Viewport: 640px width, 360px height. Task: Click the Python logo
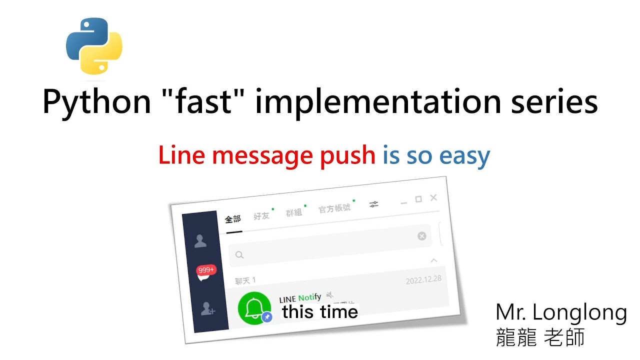(x=94, y=46)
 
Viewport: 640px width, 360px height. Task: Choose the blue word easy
(x=463, y=157)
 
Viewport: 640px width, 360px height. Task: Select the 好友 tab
(x=261, y=215)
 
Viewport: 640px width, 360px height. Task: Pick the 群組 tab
(x=294, y=212)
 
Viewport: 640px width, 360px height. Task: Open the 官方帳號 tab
(x=334, y=208)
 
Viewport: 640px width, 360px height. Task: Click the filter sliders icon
(x=374, y=204)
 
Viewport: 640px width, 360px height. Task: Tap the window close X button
(x=433, y=197)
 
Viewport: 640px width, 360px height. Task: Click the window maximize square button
(x=418, y=199)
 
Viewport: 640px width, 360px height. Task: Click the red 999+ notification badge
(x=206, y=270)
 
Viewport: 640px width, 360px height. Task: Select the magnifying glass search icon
(x=239, y=255)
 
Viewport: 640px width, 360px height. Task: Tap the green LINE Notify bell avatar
(x=254, y=306)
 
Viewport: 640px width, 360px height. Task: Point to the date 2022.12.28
(x=423, y=279)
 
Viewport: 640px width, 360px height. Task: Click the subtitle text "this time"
(x=320, y=312)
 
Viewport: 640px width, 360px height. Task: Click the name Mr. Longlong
(x=561, y=313)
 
